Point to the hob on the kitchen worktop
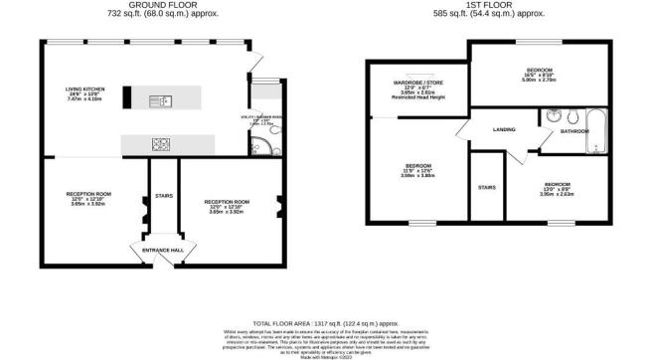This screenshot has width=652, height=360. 160,144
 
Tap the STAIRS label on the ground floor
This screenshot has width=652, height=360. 161,196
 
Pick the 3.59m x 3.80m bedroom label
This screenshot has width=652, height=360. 418,170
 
